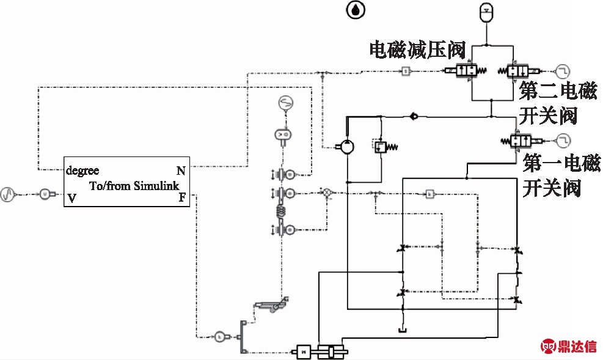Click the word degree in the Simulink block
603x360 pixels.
pyautogui.click(x=82, y=171)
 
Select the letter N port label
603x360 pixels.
pyautogui.click(x=181, y=171)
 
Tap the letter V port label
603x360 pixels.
pyautogui.click(x=72, y=197)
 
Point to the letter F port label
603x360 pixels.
pyautogui.click(x=182, y=197)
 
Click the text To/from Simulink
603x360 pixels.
pyautogui.click(x=134, y=185)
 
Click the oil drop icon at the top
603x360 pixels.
pyautogui.click(x=354, y=10)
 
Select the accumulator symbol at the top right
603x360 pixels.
pyautogui.click(x=486, y=12)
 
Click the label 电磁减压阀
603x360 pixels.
pyautogui.click(x=417, y=50)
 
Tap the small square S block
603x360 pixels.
pyautogui.click(x=406, y=71)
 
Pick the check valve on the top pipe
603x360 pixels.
pyautogui.click(x=414, y=115)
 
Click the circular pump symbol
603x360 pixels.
pyautogui.click(x=346, y=147)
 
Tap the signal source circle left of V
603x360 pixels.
pyautogui.click(x=9, y=195)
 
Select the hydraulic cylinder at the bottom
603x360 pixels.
pyautogui.click(x=331, y=352)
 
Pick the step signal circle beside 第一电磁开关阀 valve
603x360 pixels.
pyautogui.click(x=562, y=140)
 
